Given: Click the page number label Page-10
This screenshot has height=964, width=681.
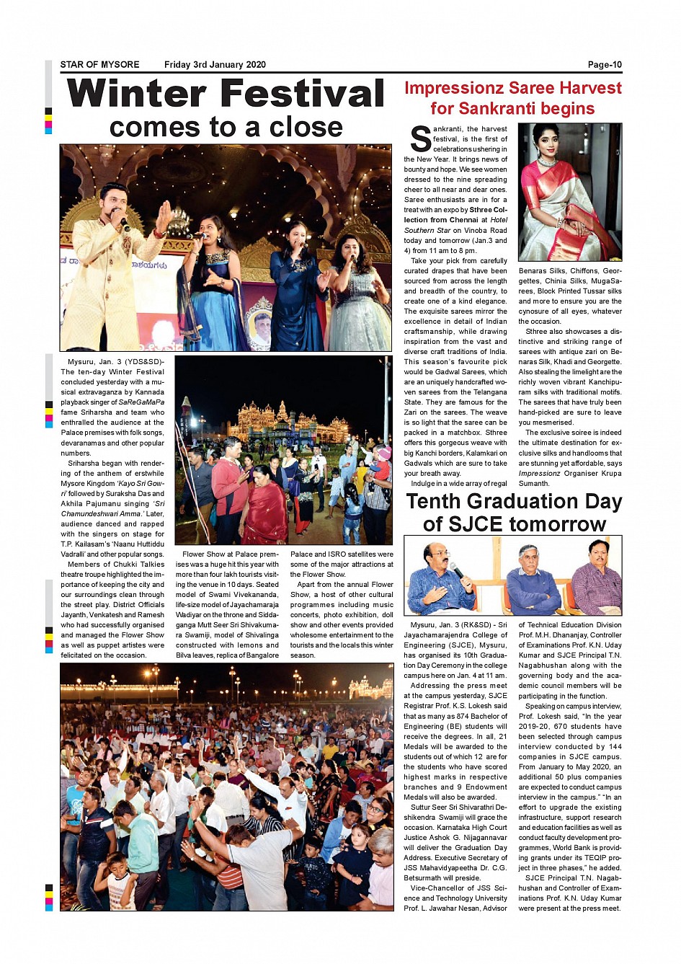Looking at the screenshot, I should [x=604, y=65].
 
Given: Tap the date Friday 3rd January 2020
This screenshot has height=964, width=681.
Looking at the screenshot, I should [x=215, y=65].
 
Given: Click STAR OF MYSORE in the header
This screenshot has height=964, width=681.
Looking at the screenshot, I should [x=99, y=65].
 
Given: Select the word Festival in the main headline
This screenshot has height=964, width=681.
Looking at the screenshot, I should [x=302, y=94].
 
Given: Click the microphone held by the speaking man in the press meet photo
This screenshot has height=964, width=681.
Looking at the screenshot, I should [x=457, y=572].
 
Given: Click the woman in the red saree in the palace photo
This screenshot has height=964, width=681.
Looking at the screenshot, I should [x=262, y=505].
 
